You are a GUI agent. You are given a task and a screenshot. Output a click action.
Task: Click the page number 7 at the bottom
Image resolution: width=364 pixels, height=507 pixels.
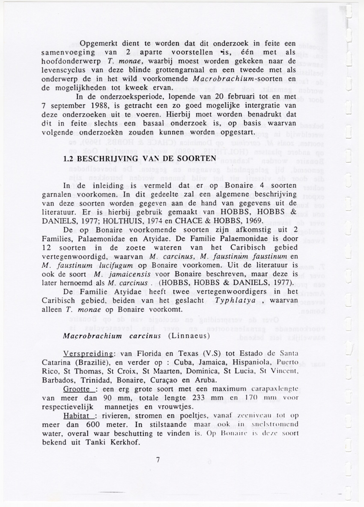[x=158, y=460]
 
